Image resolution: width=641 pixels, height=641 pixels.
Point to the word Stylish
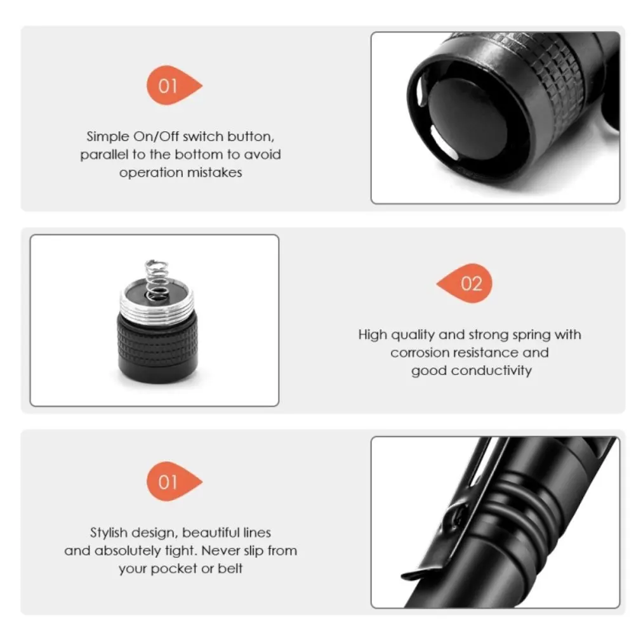coord(112,533)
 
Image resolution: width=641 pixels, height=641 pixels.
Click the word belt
coord(230,569)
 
